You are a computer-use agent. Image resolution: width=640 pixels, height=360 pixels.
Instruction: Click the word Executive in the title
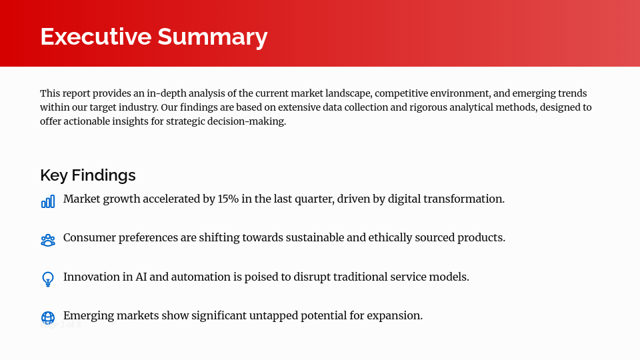tap(95, 36)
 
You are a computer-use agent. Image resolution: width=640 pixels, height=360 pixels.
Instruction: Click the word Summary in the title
tap(212, 36)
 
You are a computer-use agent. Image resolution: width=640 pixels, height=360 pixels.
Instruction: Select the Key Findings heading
tap(88, 175)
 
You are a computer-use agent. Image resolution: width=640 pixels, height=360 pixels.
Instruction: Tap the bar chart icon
tap(48, 201)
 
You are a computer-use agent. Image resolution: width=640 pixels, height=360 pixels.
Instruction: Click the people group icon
tap(48, 240)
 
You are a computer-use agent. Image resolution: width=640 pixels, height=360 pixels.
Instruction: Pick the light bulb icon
tap(48, 279)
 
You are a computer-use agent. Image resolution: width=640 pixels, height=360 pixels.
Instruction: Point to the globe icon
tap(48, 318)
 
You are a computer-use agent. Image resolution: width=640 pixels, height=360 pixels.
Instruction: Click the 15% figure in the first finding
tap(229, 199)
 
